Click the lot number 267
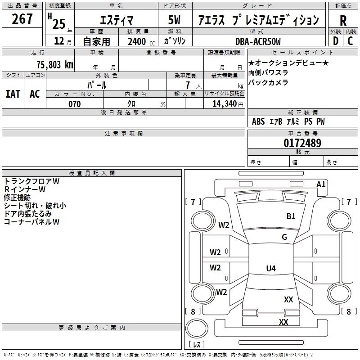22,19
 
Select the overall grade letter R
343,21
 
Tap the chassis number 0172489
302,144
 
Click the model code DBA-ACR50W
258,41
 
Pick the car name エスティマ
116,21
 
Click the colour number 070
74,104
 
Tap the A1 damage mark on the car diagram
321,184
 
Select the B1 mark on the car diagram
291,216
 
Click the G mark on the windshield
284,237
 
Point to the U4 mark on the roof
270,269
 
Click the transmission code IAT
13,94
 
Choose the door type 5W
175,21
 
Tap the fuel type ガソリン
175,41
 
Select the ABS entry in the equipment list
258,121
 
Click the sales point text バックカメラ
268,82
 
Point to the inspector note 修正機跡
17,198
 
